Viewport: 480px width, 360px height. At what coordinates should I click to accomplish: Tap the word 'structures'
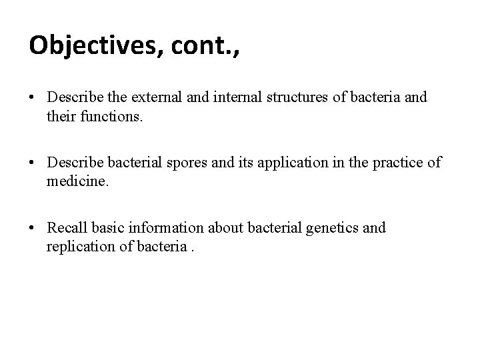(x=297, y=97)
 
